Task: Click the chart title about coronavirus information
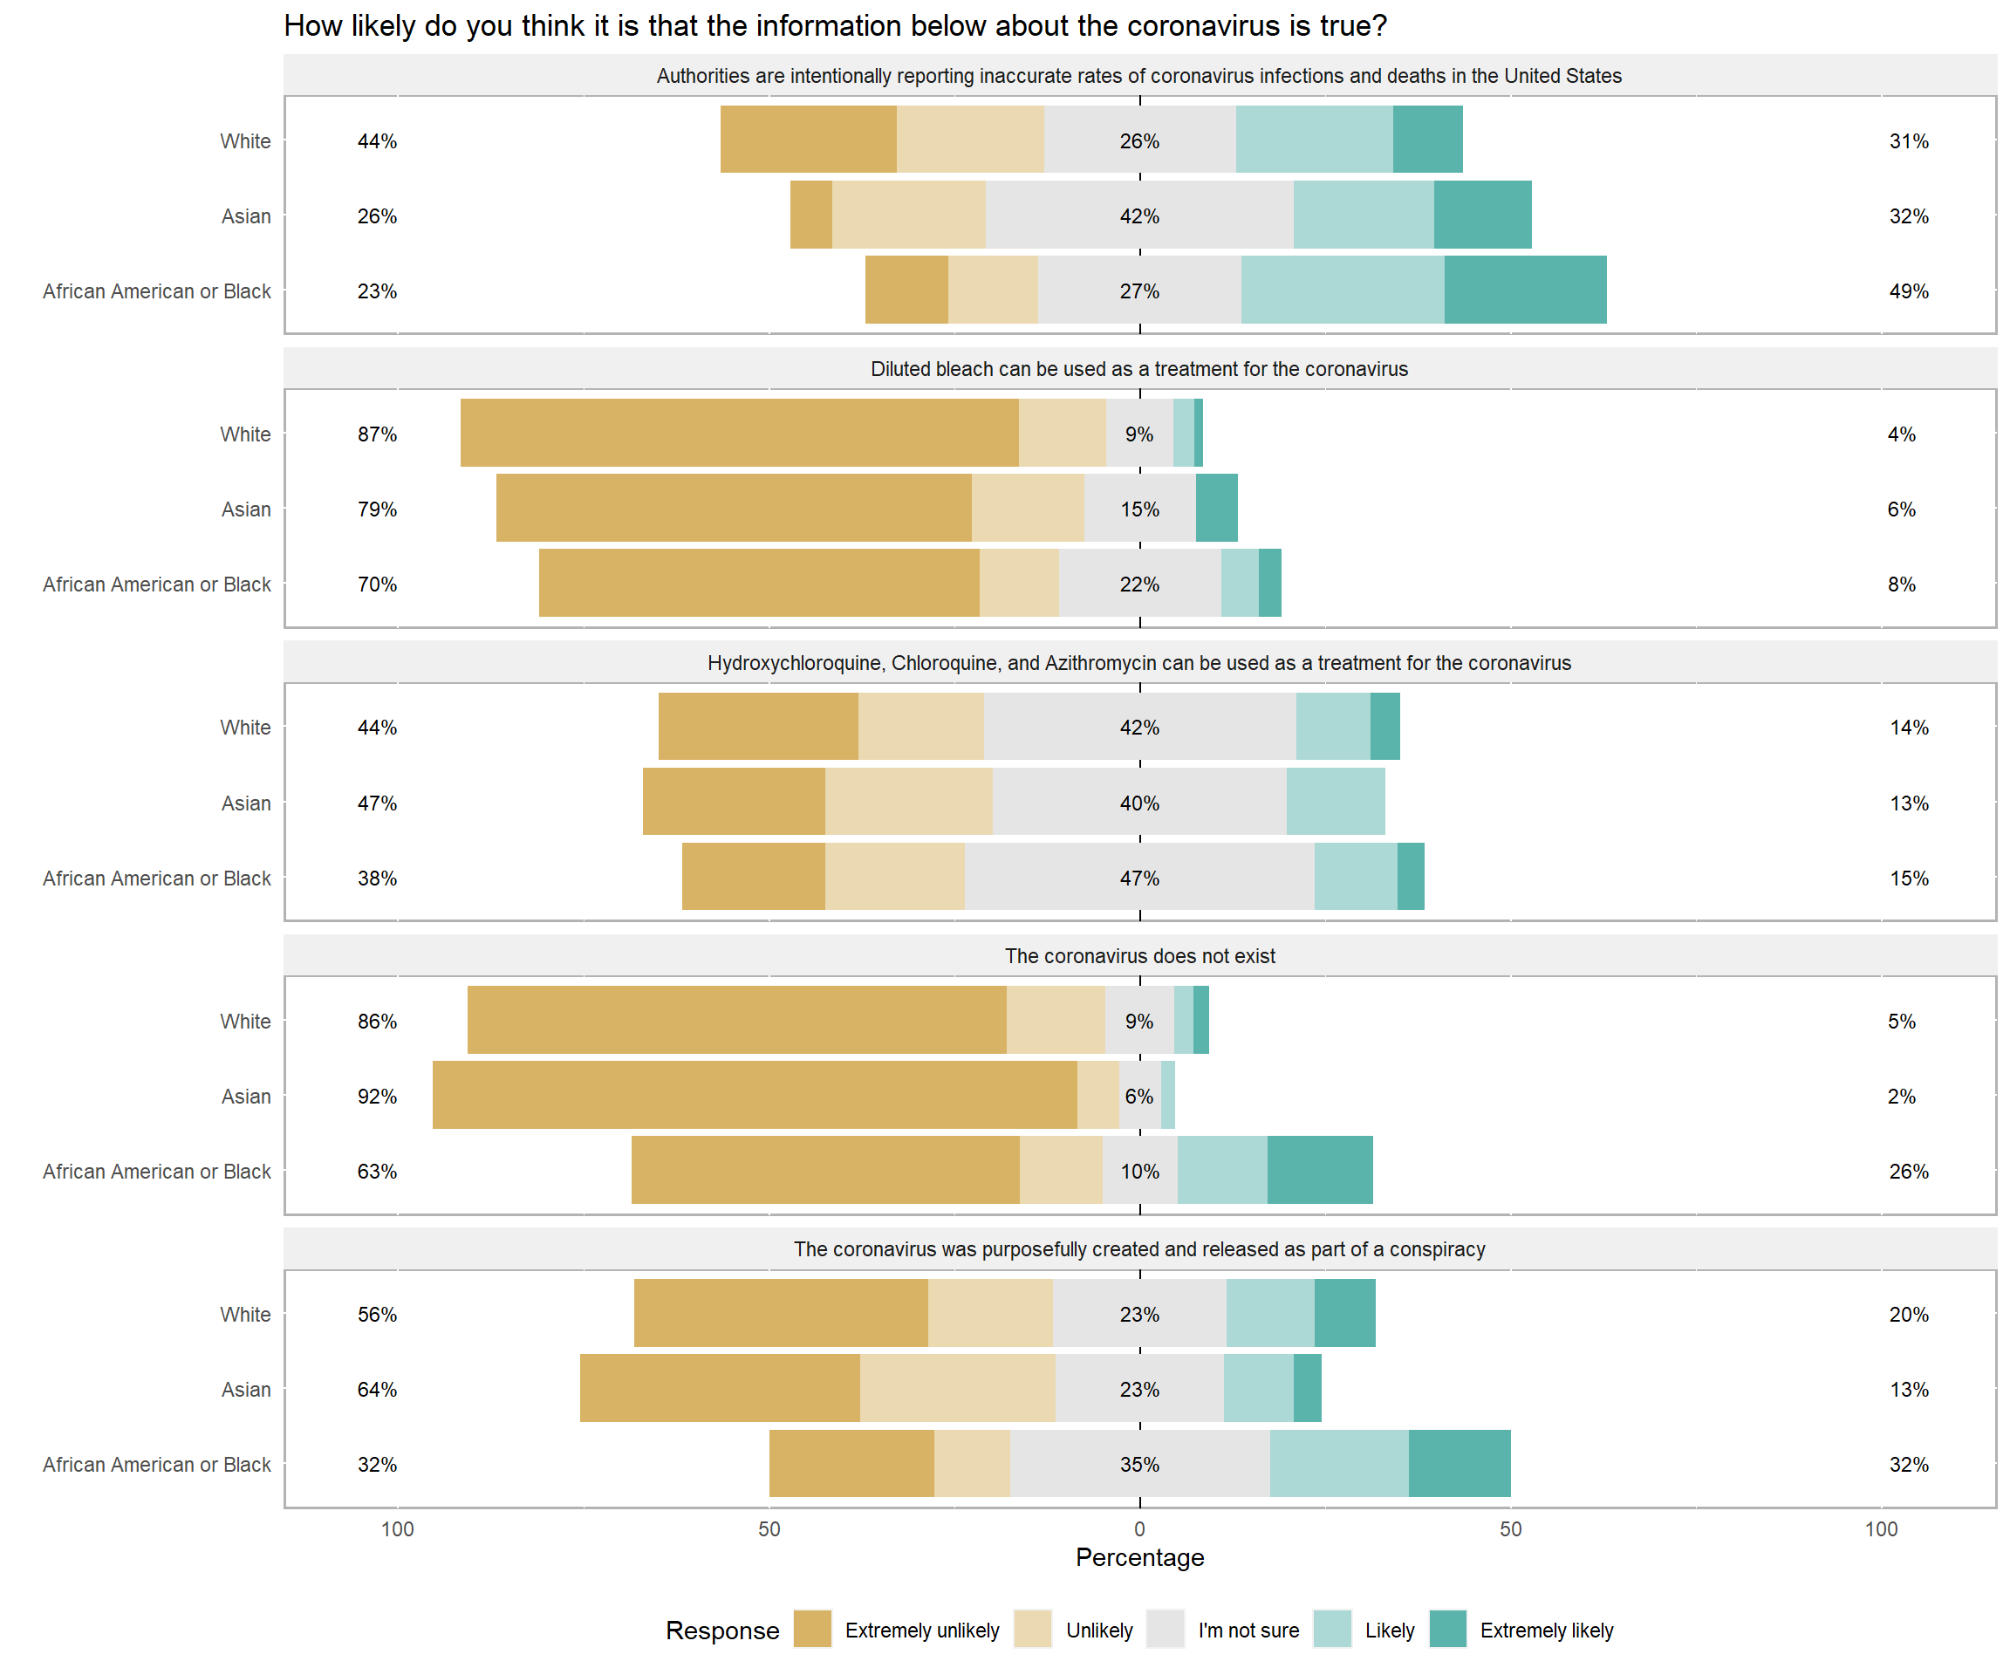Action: (835, 26)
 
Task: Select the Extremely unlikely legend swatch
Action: (811, 1629)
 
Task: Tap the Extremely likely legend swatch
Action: (1447, 1629)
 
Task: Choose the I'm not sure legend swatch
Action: (1165, 1629)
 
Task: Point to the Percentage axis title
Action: (1139, 1557)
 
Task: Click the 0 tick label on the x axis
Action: (1139, 1528)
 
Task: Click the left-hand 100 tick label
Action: (397, 1528)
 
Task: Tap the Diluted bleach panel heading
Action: (1139, 369)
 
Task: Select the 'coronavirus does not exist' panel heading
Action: (1139, 956)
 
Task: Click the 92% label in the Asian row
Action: (377, 1096)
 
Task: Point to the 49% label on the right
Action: (1909, 291)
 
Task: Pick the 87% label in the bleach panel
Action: (377, 434)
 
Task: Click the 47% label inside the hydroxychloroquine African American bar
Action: (1139, 878)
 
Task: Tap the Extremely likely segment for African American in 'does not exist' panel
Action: (1320, 1170)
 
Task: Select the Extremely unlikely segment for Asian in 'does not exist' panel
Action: (755, 1095)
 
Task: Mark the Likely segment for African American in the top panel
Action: (1342, 289)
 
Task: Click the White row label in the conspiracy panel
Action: (245, 1314)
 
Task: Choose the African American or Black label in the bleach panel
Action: (157, 584)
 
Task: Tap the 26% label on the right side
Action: (1909, 1172)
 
